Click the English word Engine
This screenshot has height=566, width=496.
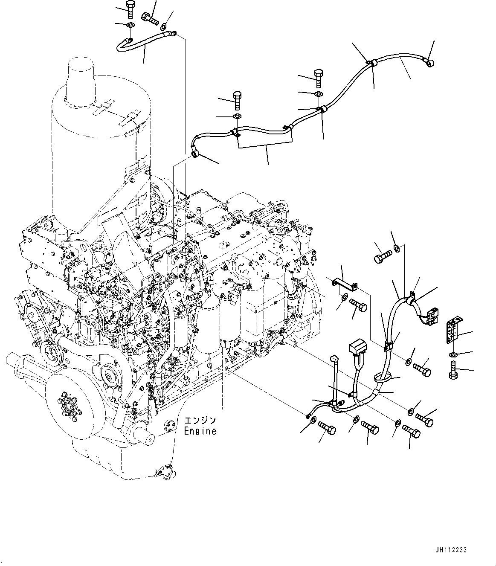pyautogui.click(x=200, y=431)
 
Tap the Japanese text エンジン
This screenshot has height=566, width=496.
pyautogui.click(x=200, y=421)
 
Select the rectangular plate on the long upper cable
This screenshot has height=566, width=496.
pyautogui.click(x=266, y=137)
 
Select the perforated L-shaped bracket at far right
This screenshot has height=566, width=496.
pyautogui.click(x=453, y=330)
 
